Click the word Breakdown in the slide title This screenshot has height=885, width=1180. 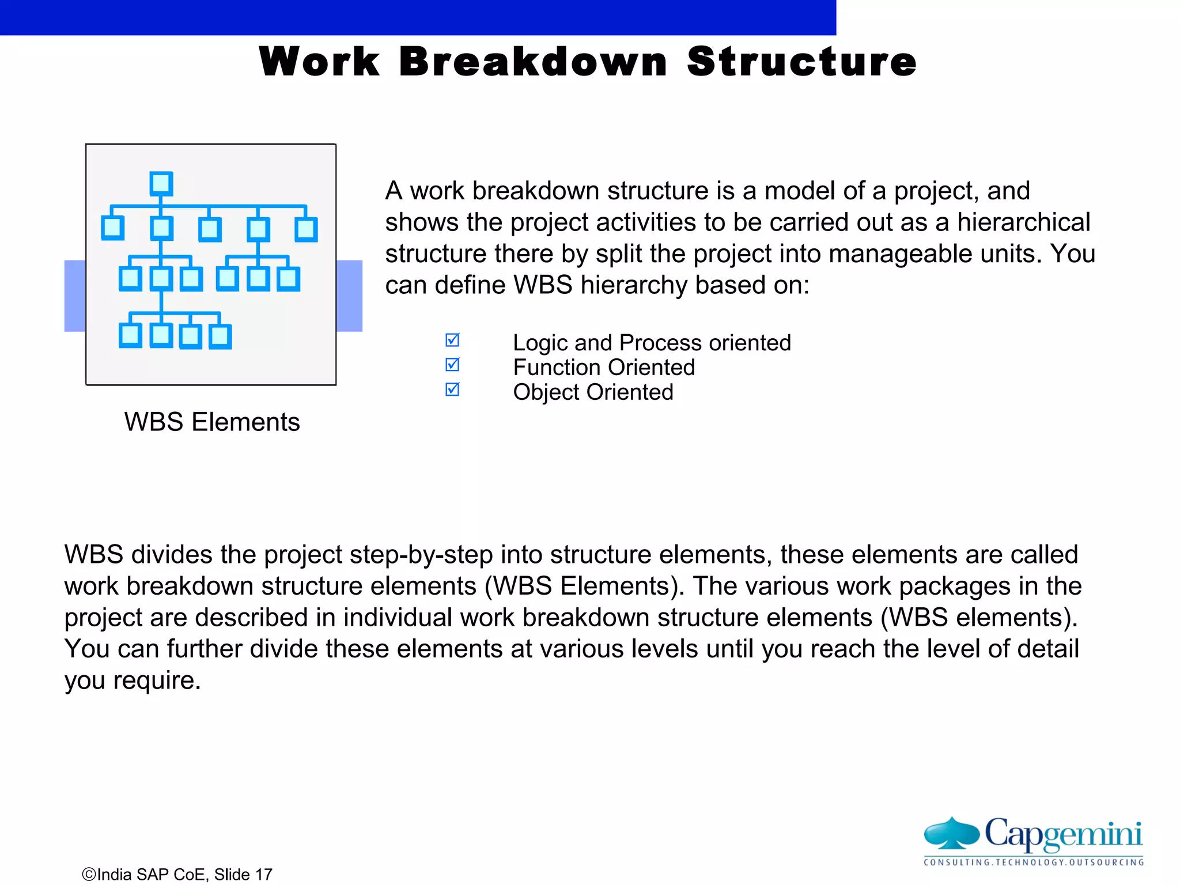(533, 62)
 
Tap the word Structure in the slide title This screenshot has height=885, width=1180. (801, 62)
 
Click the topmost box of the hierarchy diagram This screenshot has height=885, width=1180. (161, 184)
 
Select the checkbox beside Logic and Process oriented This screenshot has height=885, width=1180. (453, 341)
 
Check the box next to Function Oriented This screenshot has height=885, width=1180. (453, 365)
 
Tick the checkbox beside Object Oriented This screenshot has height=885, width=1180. (453, 390)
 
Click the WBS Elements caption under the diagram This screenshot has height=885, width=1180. (212, 422)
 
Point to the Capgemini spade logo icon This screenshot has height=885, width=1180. (951, 833)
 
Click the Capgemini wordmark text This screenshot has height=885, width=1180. (1063, 834)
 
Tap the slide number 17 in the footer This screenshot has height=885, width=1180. (263, 875)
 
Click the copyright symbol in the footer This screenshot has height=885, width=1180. (89, 875)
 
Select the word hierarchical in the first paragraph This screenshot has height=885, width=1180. (1023, 222)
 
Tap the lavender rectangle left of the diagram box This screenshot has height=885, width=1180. (75, 296)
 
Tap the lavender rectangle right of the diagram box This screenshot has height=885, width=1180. (349, 296)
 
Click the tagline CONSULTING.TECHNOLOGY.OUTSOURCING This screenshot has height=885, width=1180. (1034, 863)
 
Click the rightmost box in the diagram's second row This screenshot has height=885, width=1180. (306, 229)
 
